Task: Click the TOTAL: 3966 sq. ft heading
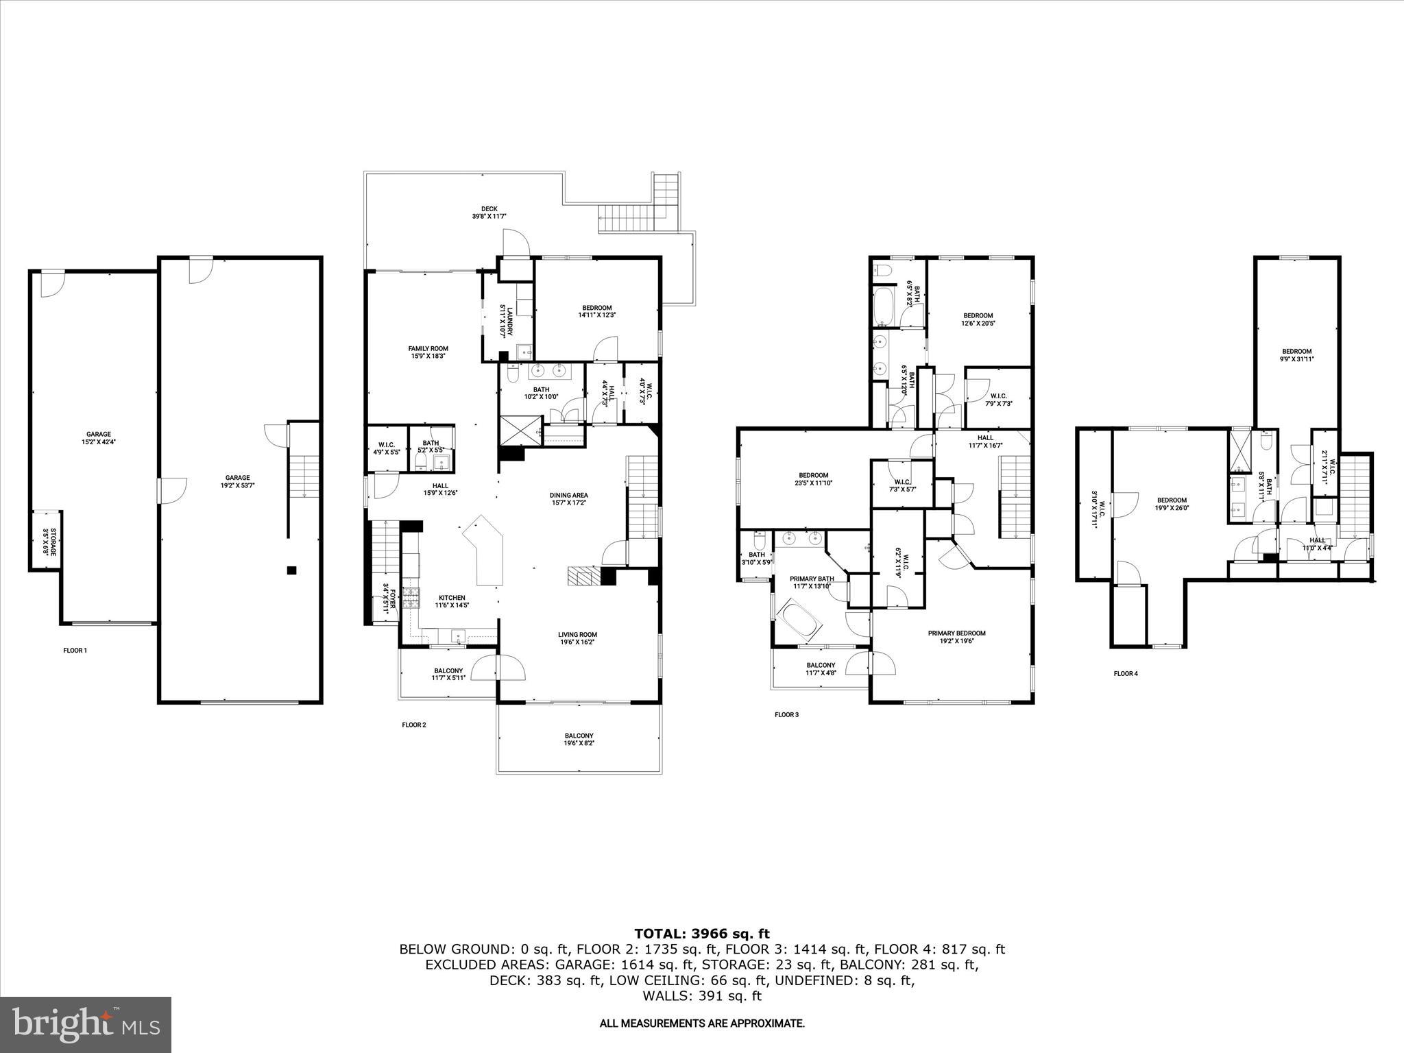(x=701, y=933)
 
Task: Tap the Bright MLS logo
(x=86, y=1024)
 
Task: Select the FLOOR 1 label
(x=75, y=651)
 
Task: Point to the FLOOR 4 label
(x=1125, y=673)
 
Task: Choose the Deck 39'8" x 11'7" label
(x=489, y=213)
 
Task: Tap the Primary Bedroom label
(x=956, y=637)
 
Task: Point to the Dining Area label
(x=568, y=498)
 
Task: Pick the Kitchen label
(x=452, y=601)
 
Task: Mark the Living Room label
(x=577, y=638)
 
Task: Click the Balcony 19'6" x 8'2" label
(x=579, y=739)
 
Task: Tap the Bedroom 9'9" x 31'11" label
(x=1296, y=354)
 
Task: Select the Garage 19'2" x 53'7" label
(x=238, y=481)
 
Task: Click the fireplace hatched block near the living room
(x=583, y=576)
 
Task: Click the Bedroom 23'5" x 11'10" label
(x=813, y=479)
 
